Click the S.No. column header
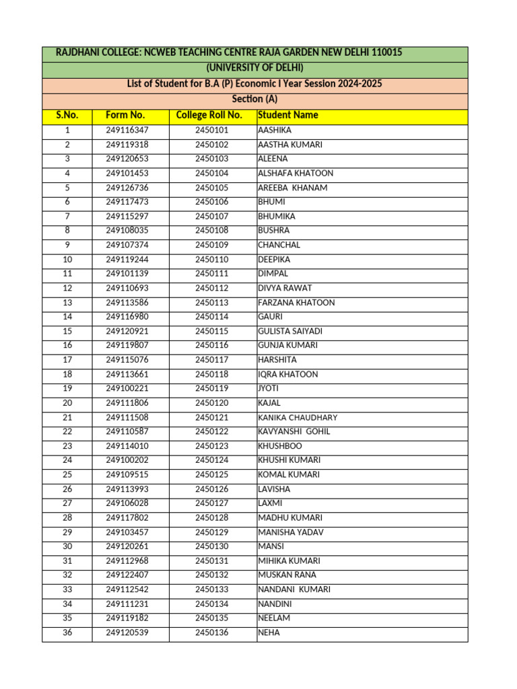(x=67, y=115)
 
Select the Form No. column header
(x=125, y=115)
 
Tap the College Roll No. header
(x=209, y=115)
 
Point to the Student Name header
(x=288, y=115)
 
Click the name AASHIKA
(x=275, y=131)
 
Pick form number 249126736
(x=127, y=188)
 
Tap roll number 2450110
(x=212, y=260)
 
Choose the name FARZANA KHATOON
(x=296, y=303)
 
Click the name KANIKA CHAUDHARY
(x=298, y=417)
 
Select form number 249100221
(x=127, y=388)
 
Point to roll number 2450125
(x=212, y=474)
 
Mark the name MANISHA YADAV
(x=291, y=532)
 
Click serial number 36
(x=67, y=632)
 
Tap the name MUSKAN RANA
(x=287, y=575)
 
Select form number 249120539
(x=127, y=632)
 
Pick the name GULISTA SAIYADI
(x=290, y=331)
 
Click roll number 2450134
(x=212, y=604)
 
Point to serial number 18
(x=67, y=374)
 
